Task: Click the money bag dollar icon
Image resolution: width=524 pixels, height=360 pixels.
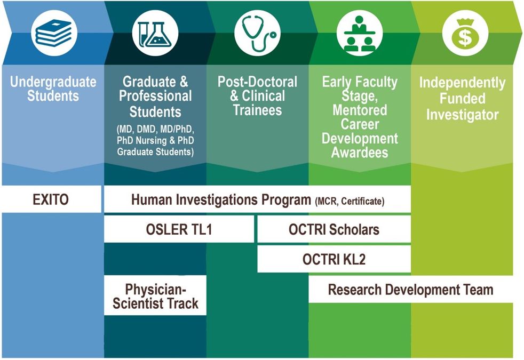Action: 463,34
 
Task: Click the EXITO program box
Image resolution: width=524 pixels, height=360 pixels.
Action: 51,200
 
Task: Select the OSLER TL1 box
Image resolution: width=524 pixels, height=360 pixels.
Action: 179,229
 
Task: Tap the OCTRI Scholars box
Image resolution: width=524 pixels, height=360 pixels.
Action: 334,229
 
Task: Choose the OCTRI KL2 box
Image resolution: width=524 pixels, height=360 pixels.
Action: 334,259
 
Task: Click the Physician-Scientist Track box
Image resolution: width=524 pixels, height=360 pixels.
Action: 155,296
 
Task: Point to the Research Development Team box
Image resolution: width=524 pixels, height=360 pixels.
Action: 410,290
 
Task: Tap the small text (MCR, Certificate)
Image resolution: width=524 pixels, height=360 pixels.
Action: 350,201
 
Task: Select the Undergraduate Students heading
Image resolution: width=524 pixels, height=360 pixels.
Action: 53,89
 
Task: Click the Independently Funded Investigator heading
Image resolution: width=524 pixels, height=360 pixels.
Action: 462,99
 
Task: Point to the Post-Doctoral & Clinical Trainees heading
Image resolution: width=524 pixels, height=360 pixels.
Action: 257,96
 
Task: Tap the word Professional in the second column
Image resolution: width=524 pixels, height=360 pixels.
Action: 155,96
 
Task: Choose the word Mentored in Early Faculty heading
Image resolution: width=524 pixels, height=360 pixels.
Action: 360,110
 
